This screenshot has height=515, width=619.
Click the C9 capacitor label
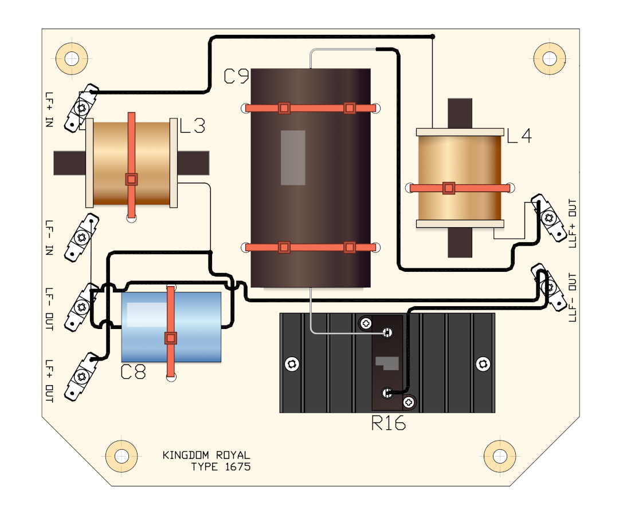coord(237,76)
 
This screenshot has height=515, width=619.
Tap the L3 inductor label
coord(192,126)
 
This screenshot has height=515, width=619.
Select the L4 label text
coord(519,136)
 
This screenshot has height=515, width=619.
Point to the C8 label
coord(133,371)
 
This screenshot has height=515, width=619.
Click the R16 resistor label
coord(389,423)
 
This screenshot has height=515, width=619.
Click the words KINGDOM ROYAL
coord(206,455)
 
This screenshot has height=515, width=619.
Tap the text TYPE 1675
coord(221,467)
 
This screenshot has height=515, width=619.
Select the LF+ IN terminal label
coord(49,109)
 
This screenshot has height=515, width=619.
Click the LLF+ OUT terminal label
coord(572,223)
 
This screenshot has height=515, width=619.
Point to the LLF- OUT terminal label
coord(572,297)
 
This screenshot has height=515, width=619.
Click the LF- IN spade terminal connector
coord(82,237)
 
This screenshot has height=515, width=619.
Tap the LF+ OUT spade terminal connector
coord(82,377)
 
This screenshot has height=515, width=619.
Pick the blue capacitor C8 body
coord(171,327)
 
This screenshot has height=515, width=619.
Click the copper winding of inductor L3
coord(131,163)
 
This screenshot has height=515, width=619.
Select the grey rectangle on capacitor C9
coord(293,157)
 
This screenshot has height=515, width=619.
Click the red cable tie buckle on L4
coord(448,188)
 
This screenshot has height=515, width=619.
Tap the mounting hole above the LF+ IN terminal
coord(72,59)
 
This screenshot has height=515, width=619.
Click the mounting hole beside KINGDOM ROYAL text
coord(122,456)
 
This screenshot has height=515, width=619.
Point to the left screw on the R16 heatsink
coord(292,364)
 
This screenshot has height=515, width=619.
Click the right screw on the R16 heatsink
coord(483,364)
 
